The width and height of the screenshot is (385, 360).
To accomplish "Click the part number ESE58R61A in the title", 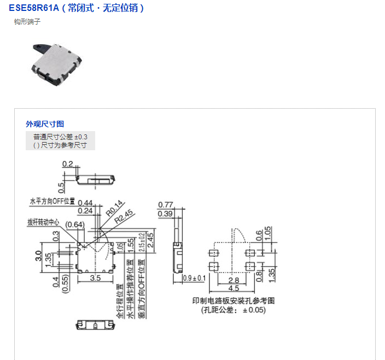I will click(33, 8).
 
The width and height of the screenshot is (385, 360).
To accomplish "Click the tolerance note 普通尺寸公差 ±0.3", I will click(60, 137).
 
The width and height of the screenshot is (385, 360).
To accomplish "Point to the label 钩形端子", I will click(27, 22).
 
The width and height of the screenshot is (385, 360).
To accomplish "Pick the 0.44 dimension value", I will click(85, 203).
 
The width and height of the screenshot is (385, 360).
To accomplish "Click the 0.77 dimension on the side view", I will click(165, 205).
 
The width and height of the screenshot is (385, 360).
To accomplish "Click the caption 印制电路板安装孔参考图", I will click(233, 300).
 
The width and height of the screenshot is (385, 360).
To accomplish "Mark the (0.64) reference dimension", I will click(74, 225).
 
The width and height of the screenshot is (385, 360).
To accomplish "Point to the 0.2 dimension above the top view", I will click(68, 164).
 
